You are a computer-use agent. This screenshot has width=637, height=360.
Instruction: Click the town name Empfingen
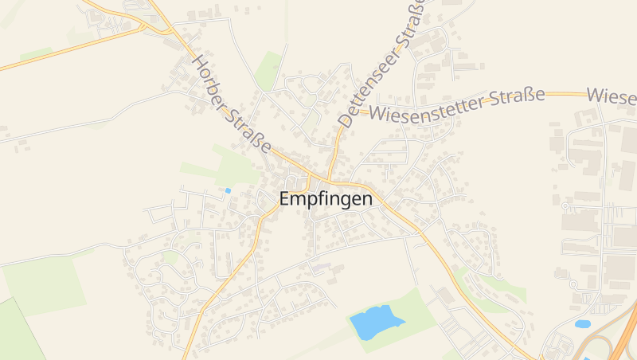coord(326,199)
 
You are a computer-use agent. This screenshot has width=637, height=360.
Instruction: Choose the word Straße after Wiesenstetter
coord(514,96)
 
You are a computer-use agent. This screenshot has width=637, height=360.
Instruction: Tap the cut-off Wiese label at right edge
coord(612,95)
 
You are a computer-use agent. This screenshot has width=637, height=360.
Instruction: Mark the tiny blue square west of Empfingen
coord(228,190)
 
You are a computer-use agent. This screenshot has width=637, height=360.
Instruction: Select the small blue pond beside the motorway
coord(583,324)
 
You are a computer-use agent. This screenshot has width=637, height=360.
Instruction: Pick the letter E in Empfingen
coord(284,199)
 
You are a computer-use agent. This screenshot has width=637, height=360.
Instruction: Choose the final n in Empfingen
coord(366,199)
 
